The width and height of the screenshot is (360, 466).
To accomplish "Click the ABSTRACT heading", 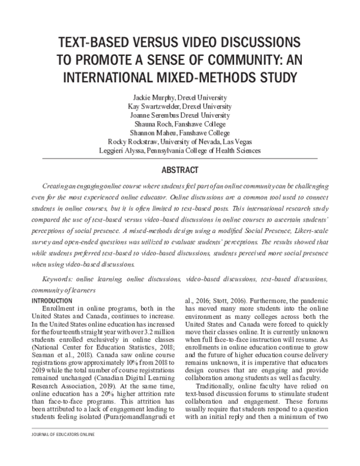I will [180, 169].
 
